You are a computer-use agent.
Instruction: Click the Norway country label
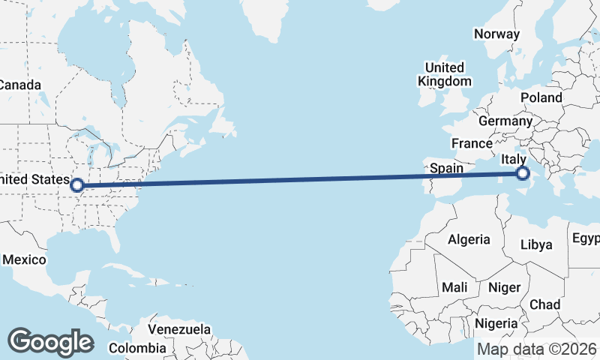tap(496, 34)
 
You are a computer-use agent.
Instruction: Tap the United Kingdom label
tap(445, 74)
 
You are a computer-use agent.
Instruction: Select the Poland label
tap(541, 97)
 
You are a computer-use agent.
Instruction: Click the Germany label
tap(505, 121)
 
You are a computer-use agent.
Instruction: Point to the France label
tap(472, 143)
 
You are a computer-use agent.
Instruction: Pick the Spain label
tap(446, 169)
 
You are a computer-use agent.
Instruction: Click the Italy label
tap(514, 159)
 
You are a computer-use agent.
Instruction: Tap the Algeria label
tap(469, 240)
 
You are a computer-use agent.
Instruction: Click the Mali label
tap(454, 287)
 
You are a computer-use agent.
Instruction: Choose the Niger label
tap(504, 288)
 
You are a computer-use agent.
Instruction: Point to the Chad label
tap(544, 304)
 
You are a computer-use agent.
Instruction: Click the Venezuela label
tap(179, 329)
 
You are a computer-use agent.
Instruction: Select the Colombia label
tap(137, 348)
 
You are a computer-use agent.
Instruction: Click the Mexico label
tap(24, 259)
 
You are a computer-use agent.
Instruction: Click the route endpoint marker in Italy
tap(521, 175)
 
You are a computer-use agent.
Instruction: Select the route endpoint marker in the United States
tap(76, 184)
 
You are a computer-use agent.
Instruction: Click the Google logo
tap(50, 341)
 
